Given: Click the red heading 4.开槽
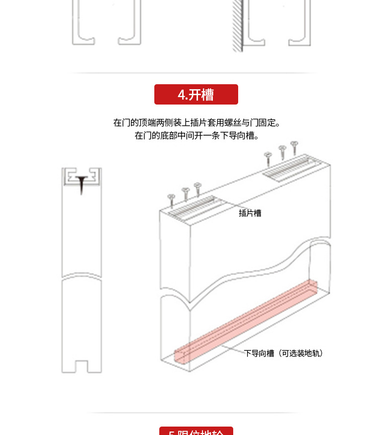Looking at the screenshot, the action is (x=196, y=95).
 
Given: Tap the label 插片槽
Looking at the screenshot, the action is (x=250, y=213).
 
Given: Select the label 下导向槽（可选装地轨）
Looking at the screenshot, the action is (x=283, y=353).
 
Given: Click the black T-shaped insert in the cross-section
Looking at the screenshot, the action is (x=81, y=181).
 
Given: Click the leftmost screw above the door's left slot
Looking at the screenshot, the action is (x=172, y=199).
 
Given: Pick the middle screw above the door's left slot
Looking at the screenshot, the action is (x=186, y=192).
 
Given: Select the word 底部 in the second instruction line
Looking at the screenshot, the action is (x=168, y=135).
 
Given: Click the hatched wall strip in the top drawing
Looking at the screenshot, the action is (x=237, y=25).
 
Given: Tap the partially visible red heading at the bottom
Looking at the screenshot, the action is (x=196, y=432).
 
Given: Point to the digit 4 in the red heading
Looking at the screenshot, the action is (x=181, y=95).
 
